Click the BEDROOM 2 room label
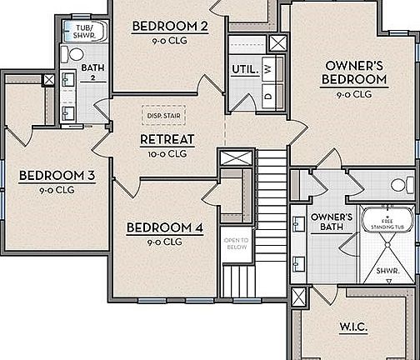coord(169,27)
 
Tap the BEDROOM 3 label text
coord(57,175)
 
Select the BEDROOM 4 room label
coord(163,227)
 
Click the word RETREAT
coord(167,139)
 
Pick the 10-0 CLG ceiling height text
coord(167,153)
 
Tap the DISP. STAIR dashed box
coord(163,116)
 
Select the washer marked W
coord(267,70)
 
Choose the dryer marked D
coord(267,95)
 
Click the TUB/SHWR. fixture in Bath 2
coord(84,32)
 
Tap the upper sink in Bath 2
coord(67,80)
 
